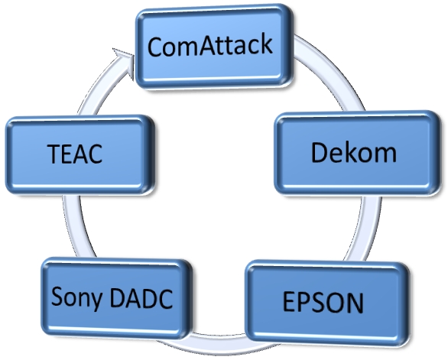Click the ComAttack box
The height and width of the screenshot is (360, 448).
coord(214,47)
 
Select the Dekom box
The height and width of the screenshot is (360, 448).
coord(357,153)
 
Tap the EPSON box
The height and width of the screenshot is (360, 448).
coord(327,303)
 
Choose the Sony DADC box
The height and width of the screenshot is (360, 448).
coord(116,298)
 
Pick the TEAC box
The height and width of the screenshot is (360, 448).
coord(80,155)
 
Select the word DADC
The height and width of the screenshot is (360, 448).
coord(141,299)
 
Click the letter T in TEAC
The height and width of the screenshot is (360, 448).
coord(56,154)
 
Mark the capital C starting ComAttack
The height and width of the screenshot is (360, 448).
coord(157,47)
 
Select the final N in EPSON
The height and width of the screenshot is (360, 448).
coord(355,303)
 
